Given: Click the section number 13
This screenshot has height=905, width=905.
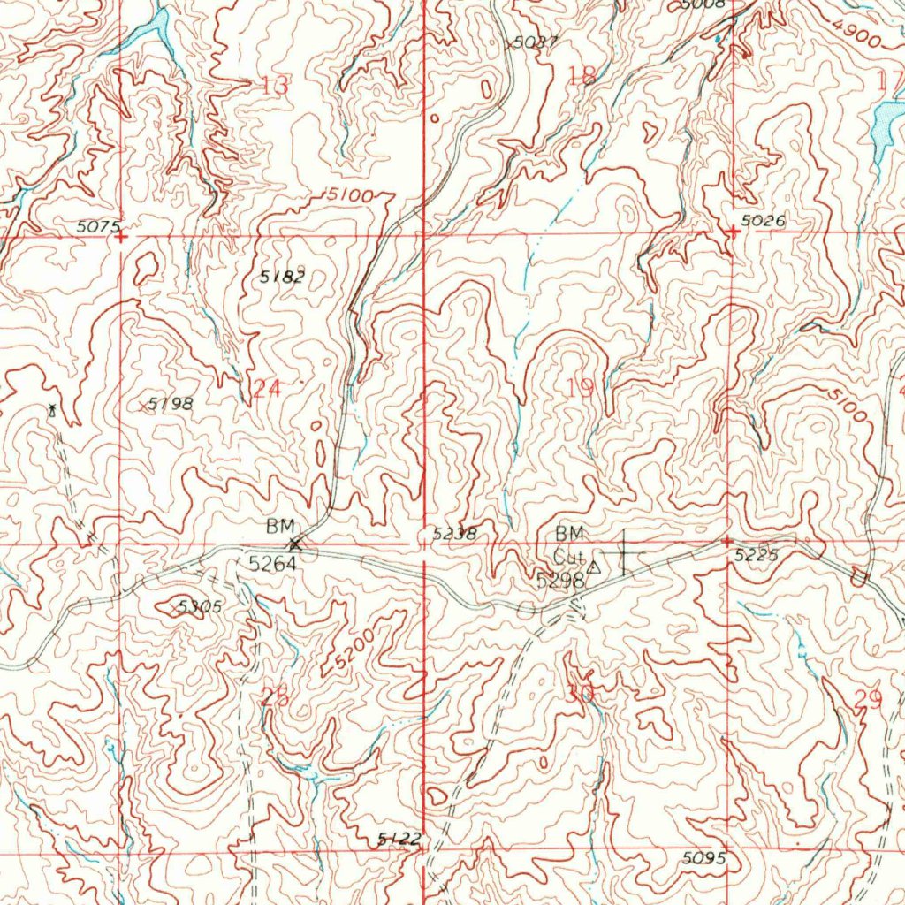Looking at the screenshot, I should pos(275,86).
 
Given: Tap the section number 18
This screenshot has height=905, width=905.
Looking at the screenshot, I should pos(582,77).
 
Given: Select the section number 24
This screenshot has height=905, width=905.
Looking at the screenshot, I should pos(267,388).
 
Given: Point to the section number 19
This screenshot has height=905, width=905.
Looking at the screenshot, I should pos(582,386).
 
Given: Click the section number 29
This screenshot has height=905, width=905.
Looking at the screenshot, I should pos(870,699).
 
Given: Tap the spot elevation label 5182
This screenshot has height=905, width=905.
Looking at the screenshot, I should pos(282,277).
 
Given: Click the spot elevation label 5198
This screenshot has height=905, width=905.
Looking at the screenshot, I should pos(170,403).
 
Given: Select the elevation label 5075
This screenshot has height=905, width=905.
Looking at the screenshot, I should pos(97,226).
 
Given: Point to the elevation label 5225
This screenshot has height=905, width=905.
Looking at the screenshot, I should pos(757,555).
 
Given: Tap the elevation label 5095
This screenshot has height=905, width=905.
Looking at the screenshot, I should pos(704,857).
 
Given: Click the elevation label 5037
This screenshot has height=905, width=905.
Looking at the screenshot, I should pos(535,42).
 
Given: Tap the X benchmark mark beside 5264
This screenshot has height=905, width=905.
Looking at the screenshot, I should pos(295,544).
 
